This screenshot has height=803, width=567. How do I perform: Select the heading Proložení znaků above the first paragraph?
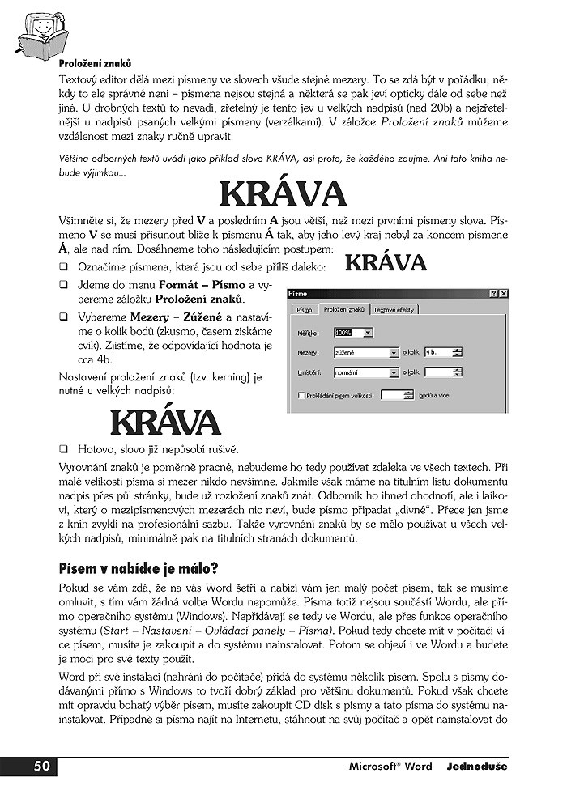point(95,62)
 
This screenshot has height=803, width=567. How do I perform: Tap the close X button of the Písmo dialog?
point(504,293)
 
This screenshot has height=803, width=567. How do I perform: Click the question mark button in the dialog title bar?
point(493,293)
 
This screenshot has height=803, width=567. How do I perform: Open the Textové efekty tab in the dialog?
point(394,309)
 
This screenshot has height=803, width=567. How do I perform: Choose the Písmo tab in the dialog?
point(304,309)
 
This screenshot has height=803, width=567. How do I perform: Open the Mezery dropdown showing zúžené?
point(364,352)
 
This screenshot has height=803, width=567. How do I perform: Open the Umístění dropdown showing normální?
point(364,372)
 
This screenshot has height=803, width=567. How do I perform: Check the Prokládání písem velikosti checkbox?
point(301,395)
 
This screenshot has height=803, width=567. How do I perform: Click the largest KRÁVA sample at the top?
point(283,194)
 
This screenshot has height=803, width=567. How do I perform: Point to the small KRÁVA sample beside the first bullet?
point(386,263)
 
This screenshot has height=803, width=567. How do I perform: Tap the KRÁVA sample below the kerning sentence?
point(164,421)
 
